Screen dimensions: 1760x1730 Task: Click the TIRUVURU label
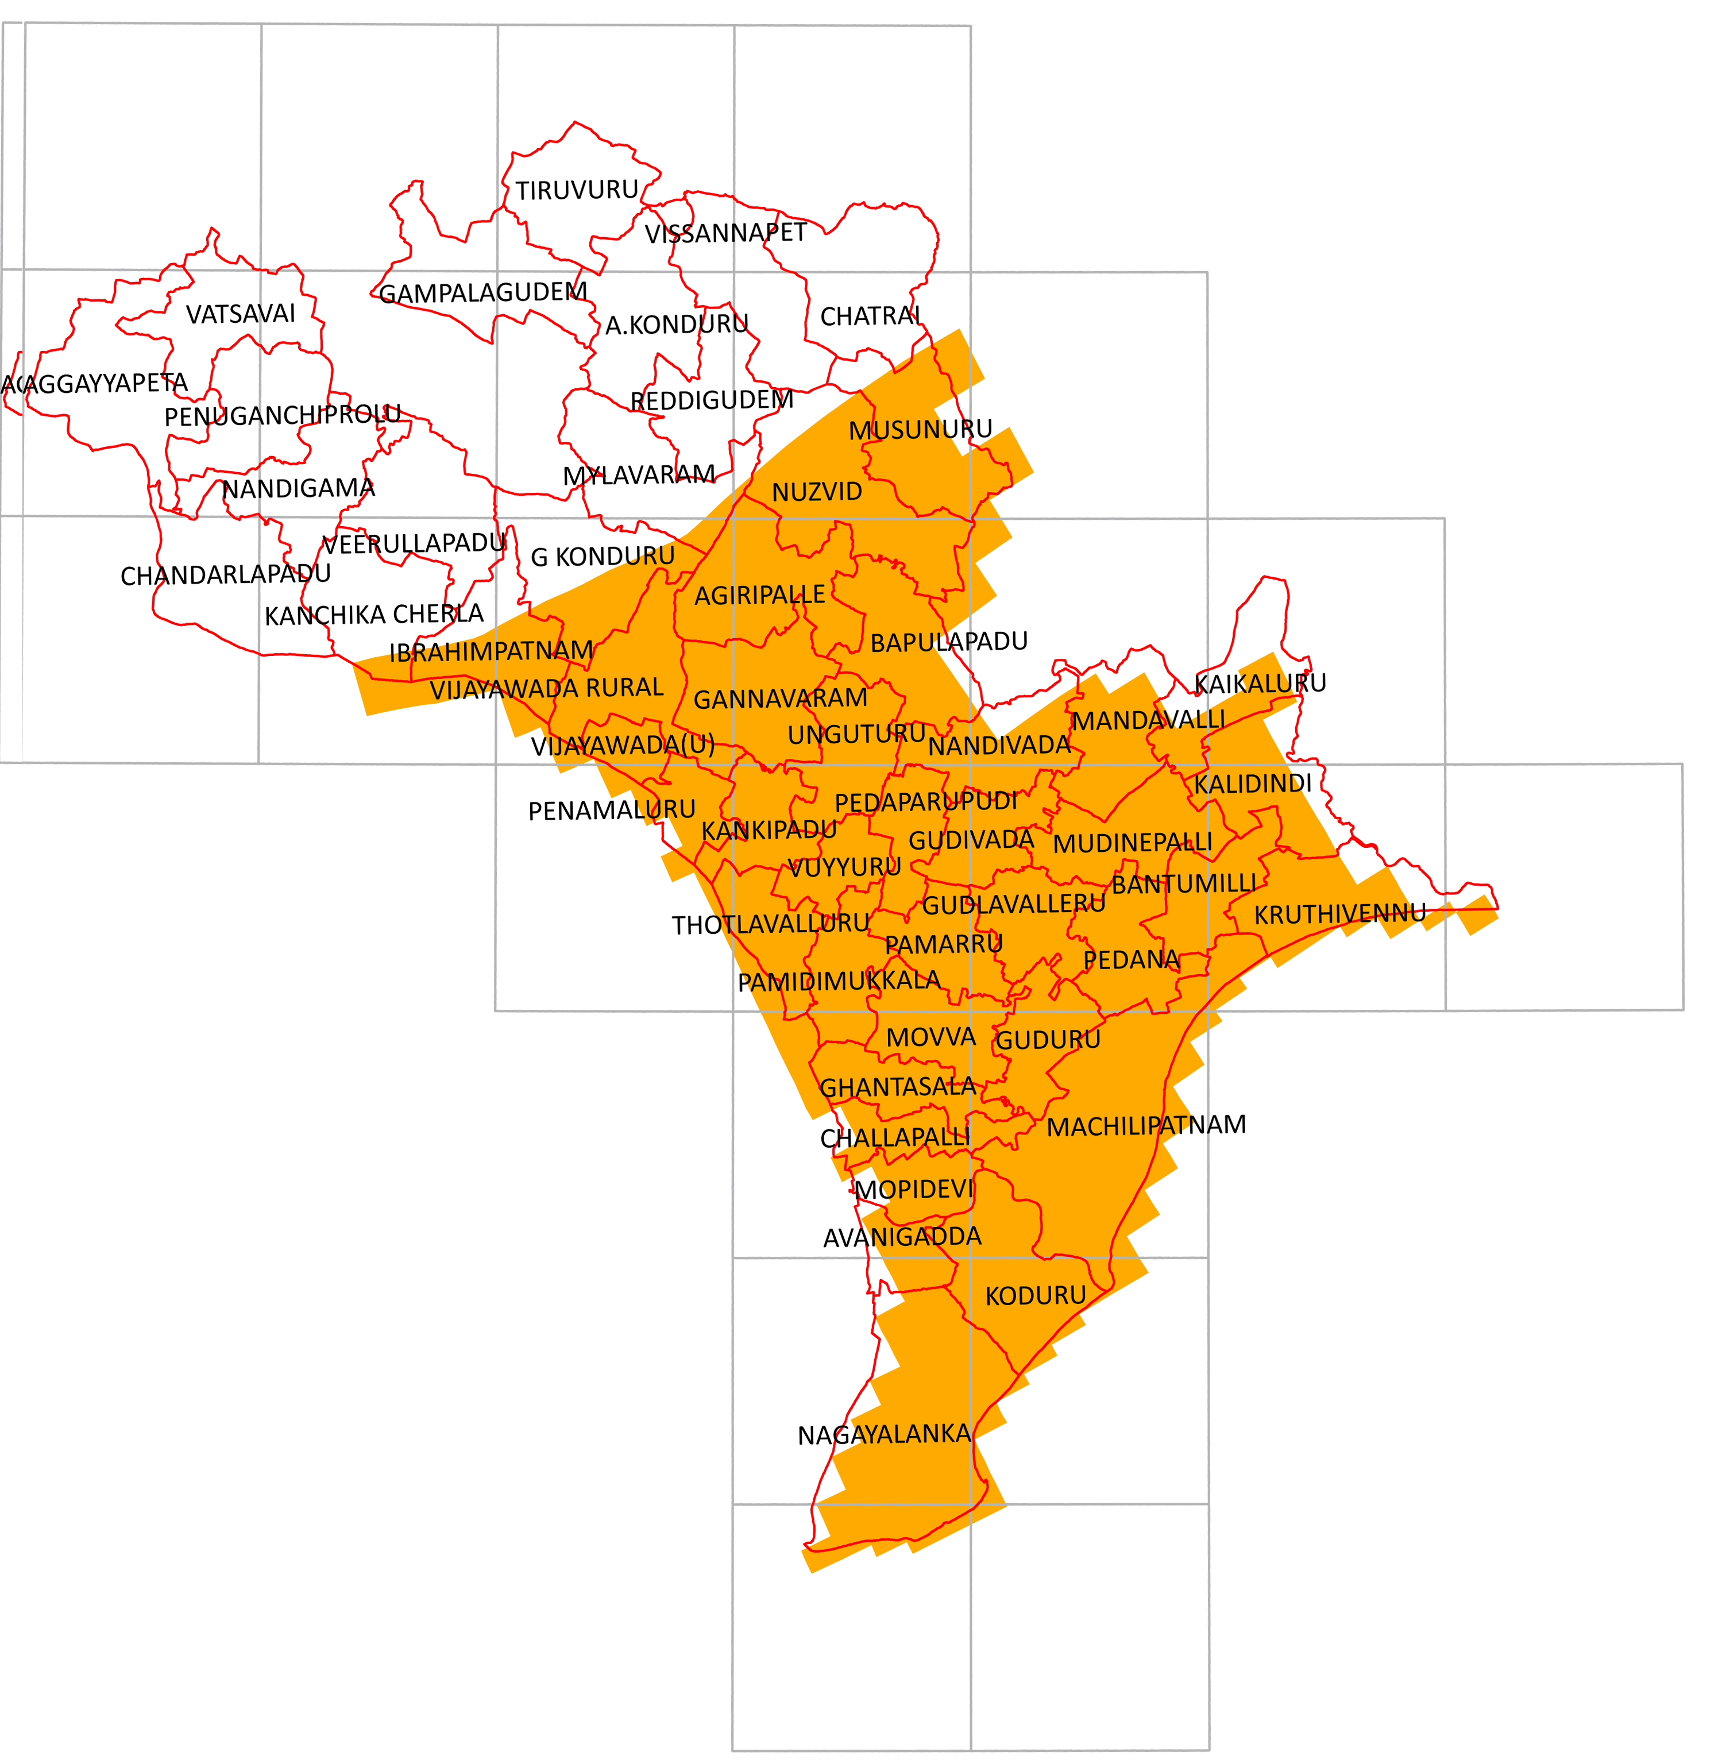click(577, 190)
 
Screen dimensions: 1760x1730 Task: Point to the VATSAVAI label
click(241, 314)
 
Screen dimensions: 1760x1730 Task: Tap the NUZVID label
click(817, 492)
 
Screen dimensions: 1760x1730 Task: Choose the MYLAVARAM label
click(639, 475)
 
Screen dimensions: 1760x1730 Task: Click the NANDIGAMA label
click(298, 489)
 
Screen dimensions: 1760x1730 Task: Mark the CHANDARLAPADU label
click(225, 575)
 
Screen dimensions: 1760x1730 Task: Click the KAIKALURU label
click(1260, 684)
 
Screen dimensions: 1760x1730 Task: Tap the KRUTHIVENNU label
click(1339, 914)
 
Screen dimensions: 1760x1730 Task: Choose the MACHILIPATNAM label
click(1146, 1126)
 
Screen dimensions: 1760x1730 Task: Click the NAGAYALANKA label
click(884, 1435)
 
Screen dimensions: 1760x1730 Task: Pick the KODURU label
click(1035, 1296)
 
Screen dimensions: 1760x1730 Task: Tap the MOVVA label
click(930, 1037)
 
